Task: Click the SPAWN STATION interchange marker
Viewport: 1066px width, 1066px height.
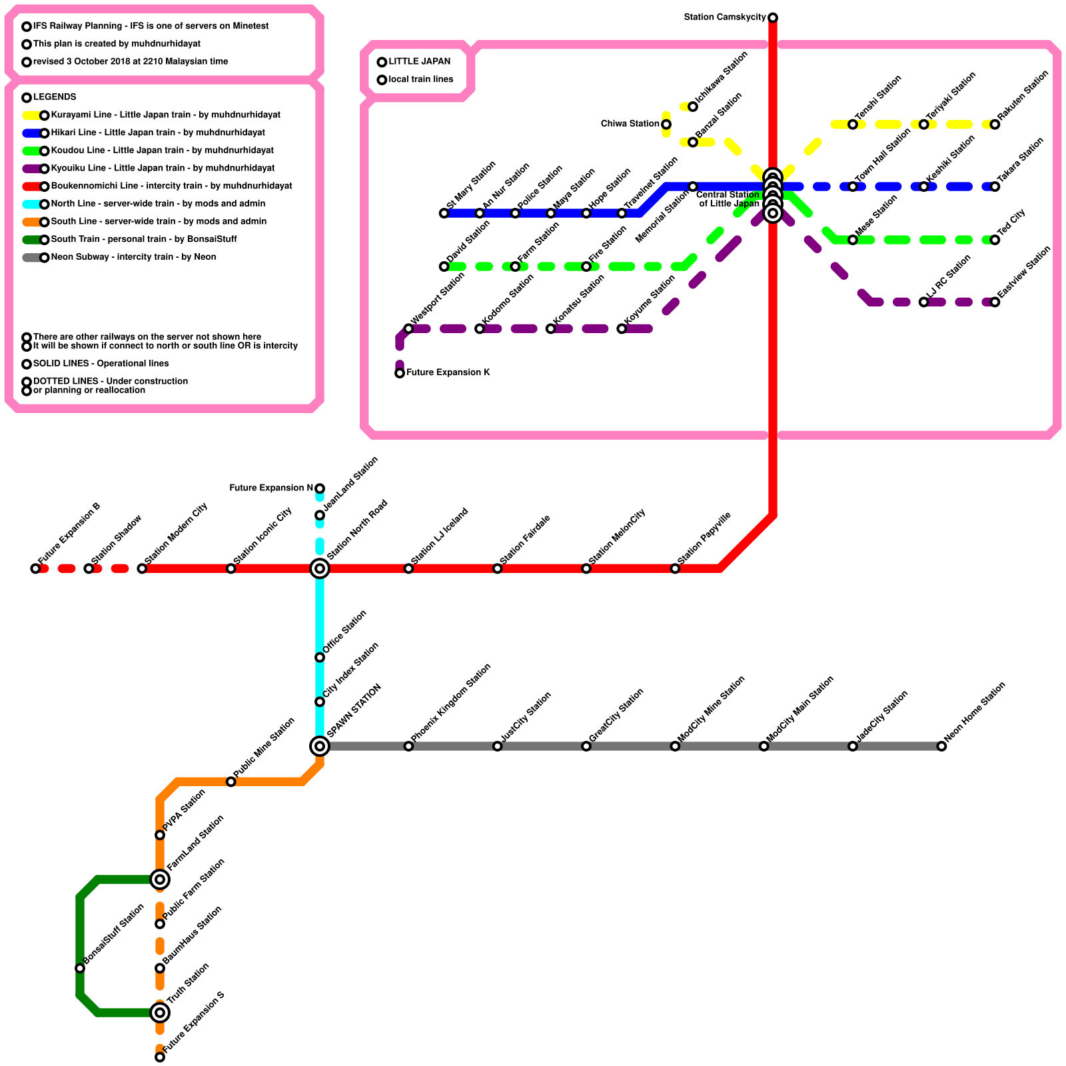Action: point(320,746)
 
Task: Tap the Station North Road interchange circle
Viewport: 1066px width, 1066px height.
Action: point(320,568)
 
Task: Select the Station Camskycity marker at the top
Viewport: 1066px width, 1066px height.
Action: point(773,17)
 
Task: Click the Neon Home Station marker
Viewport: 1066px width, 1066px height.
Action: point(941,746)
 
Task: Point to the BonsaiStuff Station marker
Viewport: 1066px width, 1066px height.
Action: point(80,968)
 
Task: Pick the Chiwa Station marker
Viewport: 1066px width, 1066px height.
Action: point(666,124)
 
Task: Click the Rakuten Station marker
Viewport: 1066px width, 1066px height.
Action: point(995,124)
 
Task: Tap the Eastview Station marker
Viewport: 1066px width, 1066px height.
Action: point(995,302)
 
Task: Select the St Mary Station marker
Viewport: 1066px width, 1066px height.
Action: point(444,213)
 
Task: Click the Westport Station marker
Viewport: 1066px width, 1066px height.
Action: point(408,328)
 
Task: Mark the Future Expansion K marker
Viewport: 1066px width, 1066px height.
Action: point(400,373)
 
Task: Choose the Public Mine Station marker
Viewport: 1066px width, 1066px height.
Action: point(231,782)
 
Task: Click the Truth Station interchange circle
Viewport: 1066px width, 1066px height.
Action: point(160,1013)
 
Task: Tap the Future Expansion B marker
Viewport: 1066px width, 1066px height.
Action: point(35,568)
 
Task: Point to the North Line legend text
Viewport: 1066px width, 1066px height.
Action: point(158,204)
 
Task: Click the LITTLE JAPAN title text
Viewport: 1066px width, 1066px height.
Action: point(420,61)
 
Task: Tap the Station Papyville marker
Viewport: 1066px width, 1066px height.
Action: point(675,568)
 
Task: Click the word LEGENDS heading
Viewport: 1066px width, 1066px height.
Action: point(55,97)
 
